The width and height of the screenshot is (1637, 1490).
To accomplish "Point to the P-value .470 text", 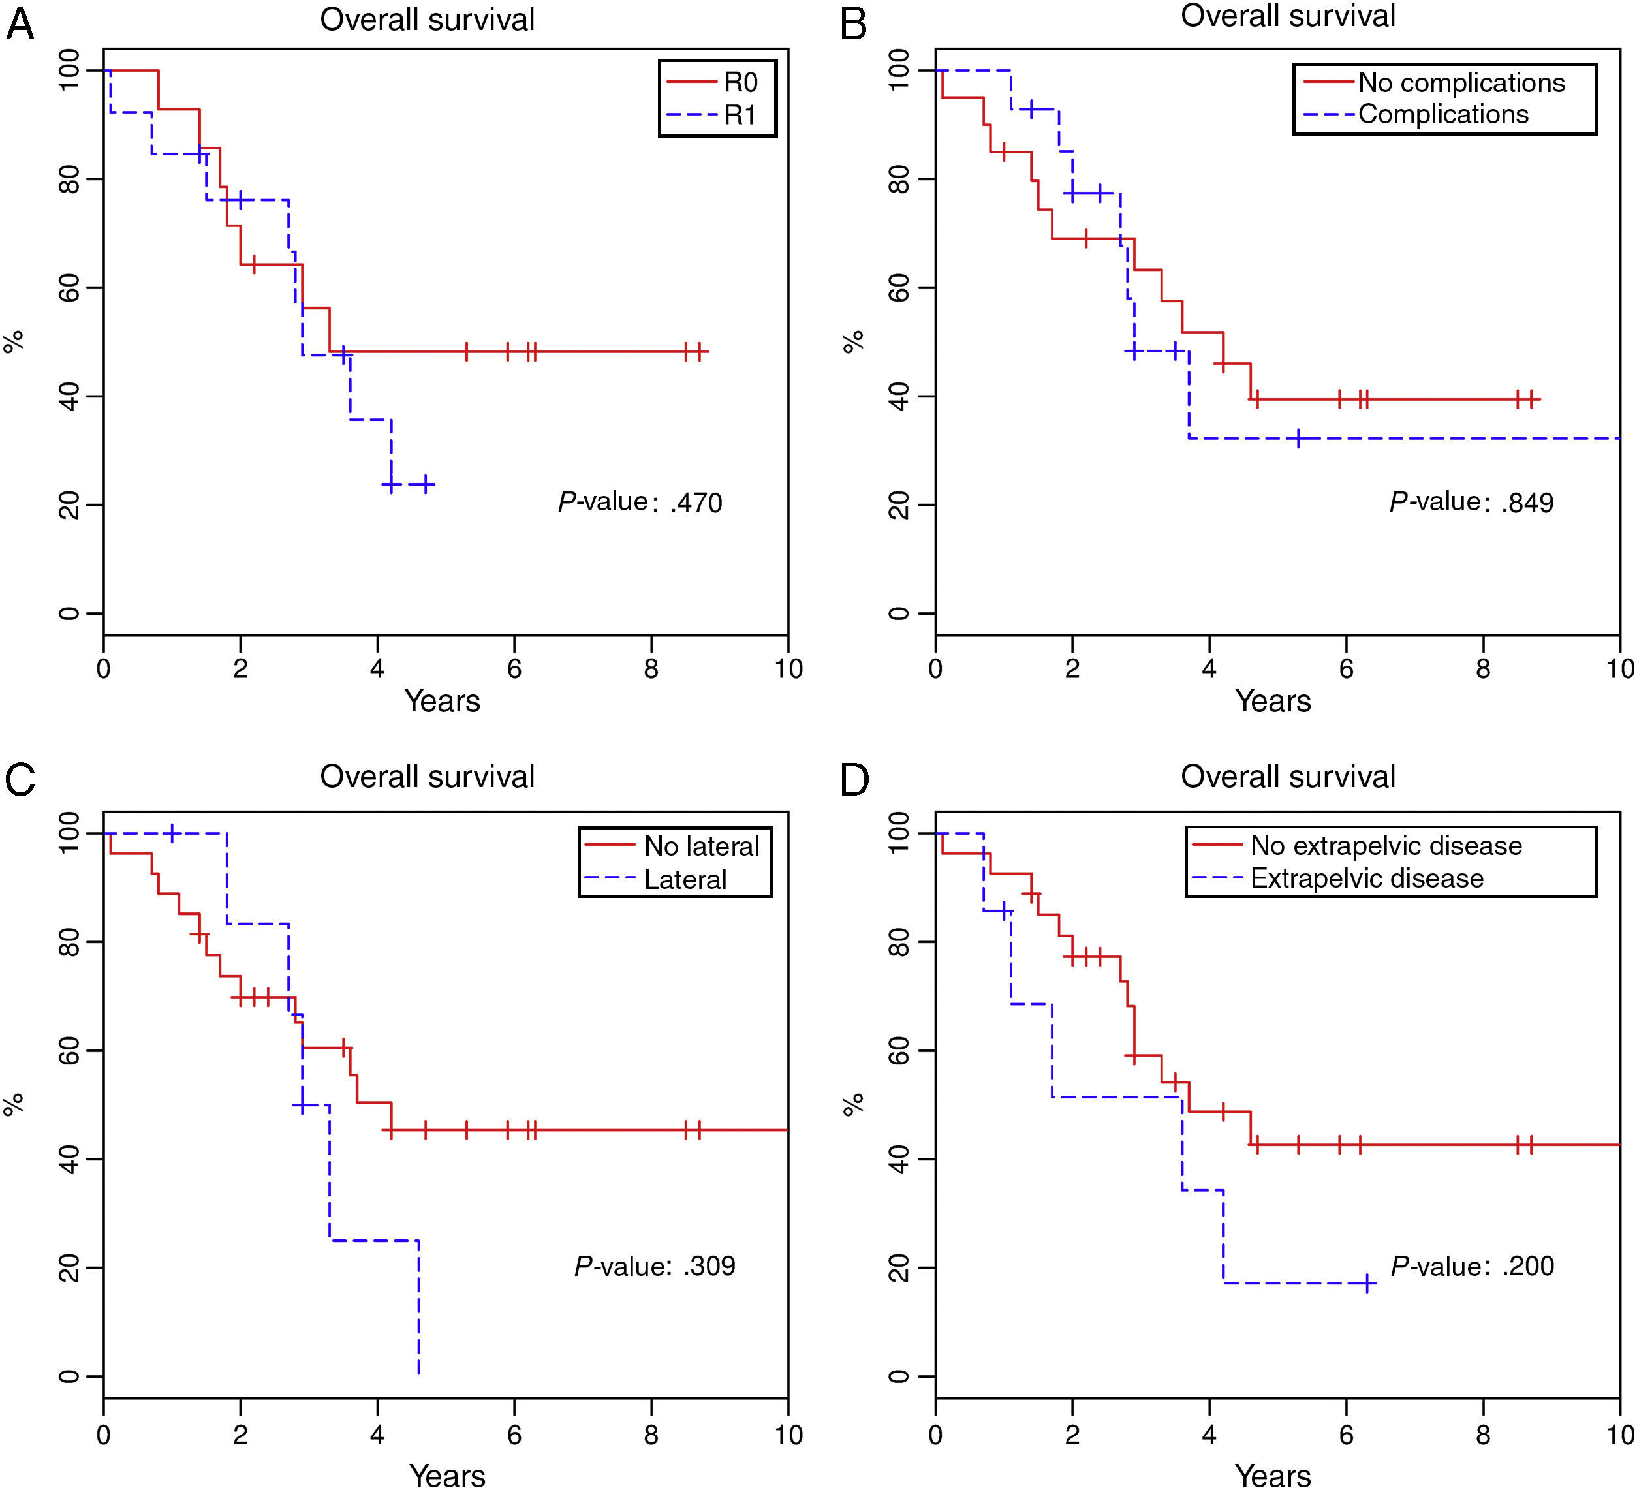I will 640,503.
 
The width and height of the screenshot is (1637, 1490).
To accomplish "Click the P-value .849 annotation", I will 1471,503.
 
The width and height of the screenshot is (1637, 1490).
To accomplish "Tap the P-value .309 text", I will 655,1266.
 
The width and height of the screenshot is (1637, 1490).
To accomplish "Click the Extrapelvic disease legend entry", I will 1367,878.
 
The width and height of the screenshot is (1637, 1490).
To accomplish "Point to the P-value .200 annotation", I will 1471,1266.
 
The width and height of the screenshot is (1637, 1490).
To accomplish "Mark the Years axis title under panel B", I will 1272,701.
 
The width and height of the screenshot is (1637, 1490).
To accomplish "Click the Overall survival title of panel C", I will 427,776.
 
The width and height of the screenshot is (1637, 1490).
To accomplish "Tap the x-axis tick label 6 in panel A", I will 514,669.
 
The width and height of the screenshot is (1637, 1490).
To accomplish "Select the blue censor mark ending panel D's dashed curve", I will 1367,1283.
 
